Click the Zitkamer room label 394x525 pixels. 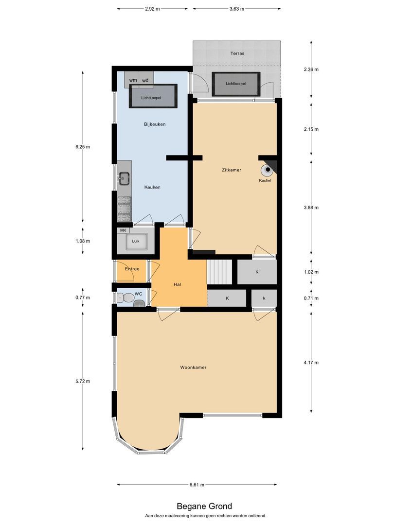click(x=231, y=170)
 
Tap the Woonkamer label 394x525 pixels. click(x=193, y=367)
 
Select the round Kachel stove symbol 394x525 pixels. click(x=268, y=170)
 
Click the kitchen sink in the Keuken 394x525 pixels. click(x=124, y=179)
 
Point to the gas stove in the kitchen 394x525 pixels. click(x=124, y=208)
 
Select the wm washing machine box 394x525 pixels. click(x=133, y=80)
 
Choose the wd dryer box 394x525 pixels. click(x=145, y=80)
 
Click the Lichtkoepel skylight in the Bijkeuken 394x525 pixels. click(x=152, y=97)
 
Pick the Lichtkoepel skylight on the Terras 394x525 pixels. click(x=236, y=84)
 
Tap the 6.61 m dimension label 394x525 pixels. click(x=197, y=485)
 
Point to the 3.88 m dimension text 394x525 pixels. click(x=311, y=208)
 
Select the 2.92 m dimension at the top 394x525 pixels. click(x=152, y=9)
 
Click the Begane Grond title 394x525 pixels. click(x=197, y=507)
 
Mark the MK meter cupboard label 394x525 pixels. click(x=123, y=230)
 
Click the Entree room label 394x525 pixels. click(x=132, y=269)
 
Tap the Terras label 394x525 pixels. click(x=237, y=53)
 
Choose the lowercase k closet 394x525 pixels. click(x=264, y=297)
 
